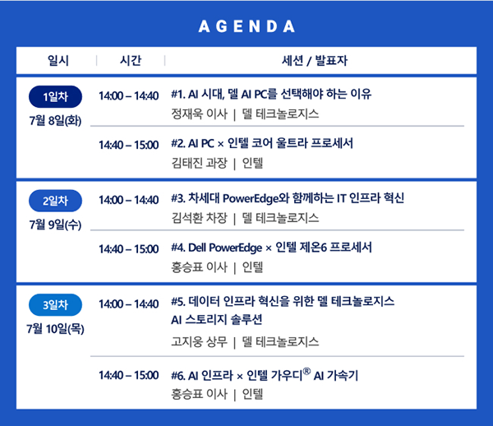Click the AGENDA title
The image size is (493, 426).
point(246,26)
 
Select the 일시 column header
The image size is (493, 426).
point(58,60)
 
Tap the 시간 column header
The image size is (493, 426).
point(131,60)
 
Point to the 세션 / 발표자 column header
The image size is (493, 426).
point(315,60)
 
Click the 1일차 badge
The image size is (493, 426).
point(55,96)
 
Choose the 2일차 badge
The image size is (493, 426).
point(55,201)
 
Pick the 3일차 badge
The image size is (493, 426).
point(55,305)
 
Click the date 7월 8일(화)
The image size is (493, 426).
point(55,121)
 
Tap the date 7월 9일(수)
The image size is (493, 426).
point(55,225)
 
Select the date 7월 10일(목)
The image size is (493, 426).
point(55,329)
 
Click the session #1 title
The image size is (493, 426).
point(271,94)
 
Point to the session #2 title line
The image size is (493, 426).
point(262,143)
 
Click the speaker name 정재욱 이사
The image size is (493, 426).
point(199,113)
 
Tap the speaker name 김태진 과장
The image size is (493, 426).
point(199,163)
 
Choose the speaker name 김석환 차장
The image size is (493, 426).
point(199,218)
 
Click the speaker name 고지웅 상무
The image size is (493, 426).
point(199,341)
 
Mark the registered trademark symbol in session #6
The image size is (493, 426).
point(306,371)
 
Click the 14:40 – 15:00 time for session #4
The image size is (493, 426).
point(129,249)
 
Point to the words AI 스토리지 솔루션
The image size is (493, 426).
point(217,320)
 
